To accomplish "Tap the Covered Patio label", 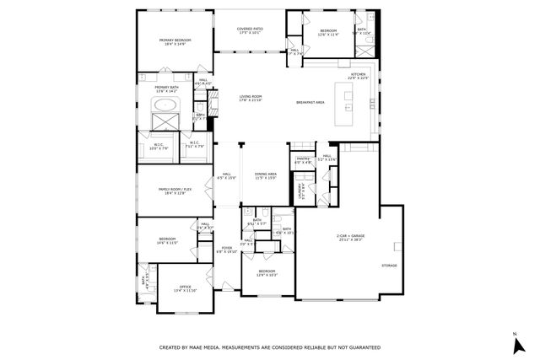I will pos(250,29).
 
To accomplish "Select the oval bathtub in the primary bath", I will pos(166,106).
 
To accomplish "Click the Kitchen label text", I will pos(359,74).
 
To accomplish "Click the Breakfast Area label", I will pos(311,103).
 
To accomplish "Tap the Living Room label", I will pos(250,97).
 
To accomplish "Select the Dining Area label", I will pos(267,174).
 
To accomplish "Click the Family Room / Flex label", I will pos(172,190).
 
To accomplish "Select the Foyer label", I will pos(227,248).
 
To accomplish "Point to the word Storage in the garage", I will pos(388,266).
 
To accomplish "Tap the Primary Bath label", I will pos(165,87).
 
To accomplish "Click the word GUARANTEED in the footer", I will pos(361,347).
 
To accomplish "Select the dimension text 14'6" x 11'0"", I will pos(167,243).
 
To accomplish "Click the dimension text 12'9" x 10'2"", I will pos(267,275).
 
